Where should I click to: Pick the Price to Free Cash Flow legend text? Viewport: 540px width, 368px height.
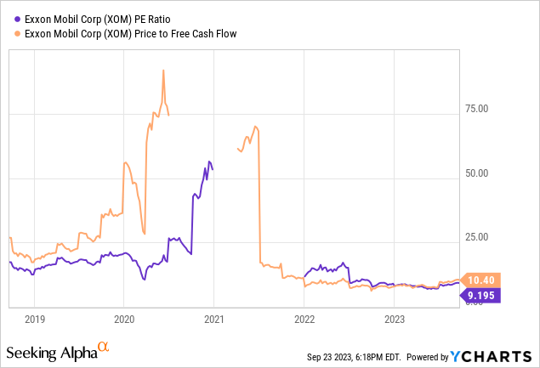128,33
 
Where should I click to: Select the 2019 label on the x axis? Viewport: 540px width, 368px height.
34,320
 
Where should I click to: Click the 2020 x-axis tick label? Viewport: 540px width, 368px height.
123,320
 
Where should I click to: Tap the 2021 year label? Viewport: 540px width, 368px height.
213,320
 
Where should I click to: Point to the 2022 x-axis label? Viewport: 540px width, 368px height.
304,320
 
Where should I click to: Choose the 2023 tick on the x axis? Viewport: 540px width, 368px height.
394,320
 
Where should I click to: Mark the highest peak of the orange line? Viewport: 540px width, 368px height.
163,70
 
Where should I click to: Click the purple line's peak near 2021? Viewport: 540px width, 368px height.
209,161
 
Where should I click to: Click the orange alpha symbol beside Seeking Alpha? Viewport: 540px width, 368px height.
103,347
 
